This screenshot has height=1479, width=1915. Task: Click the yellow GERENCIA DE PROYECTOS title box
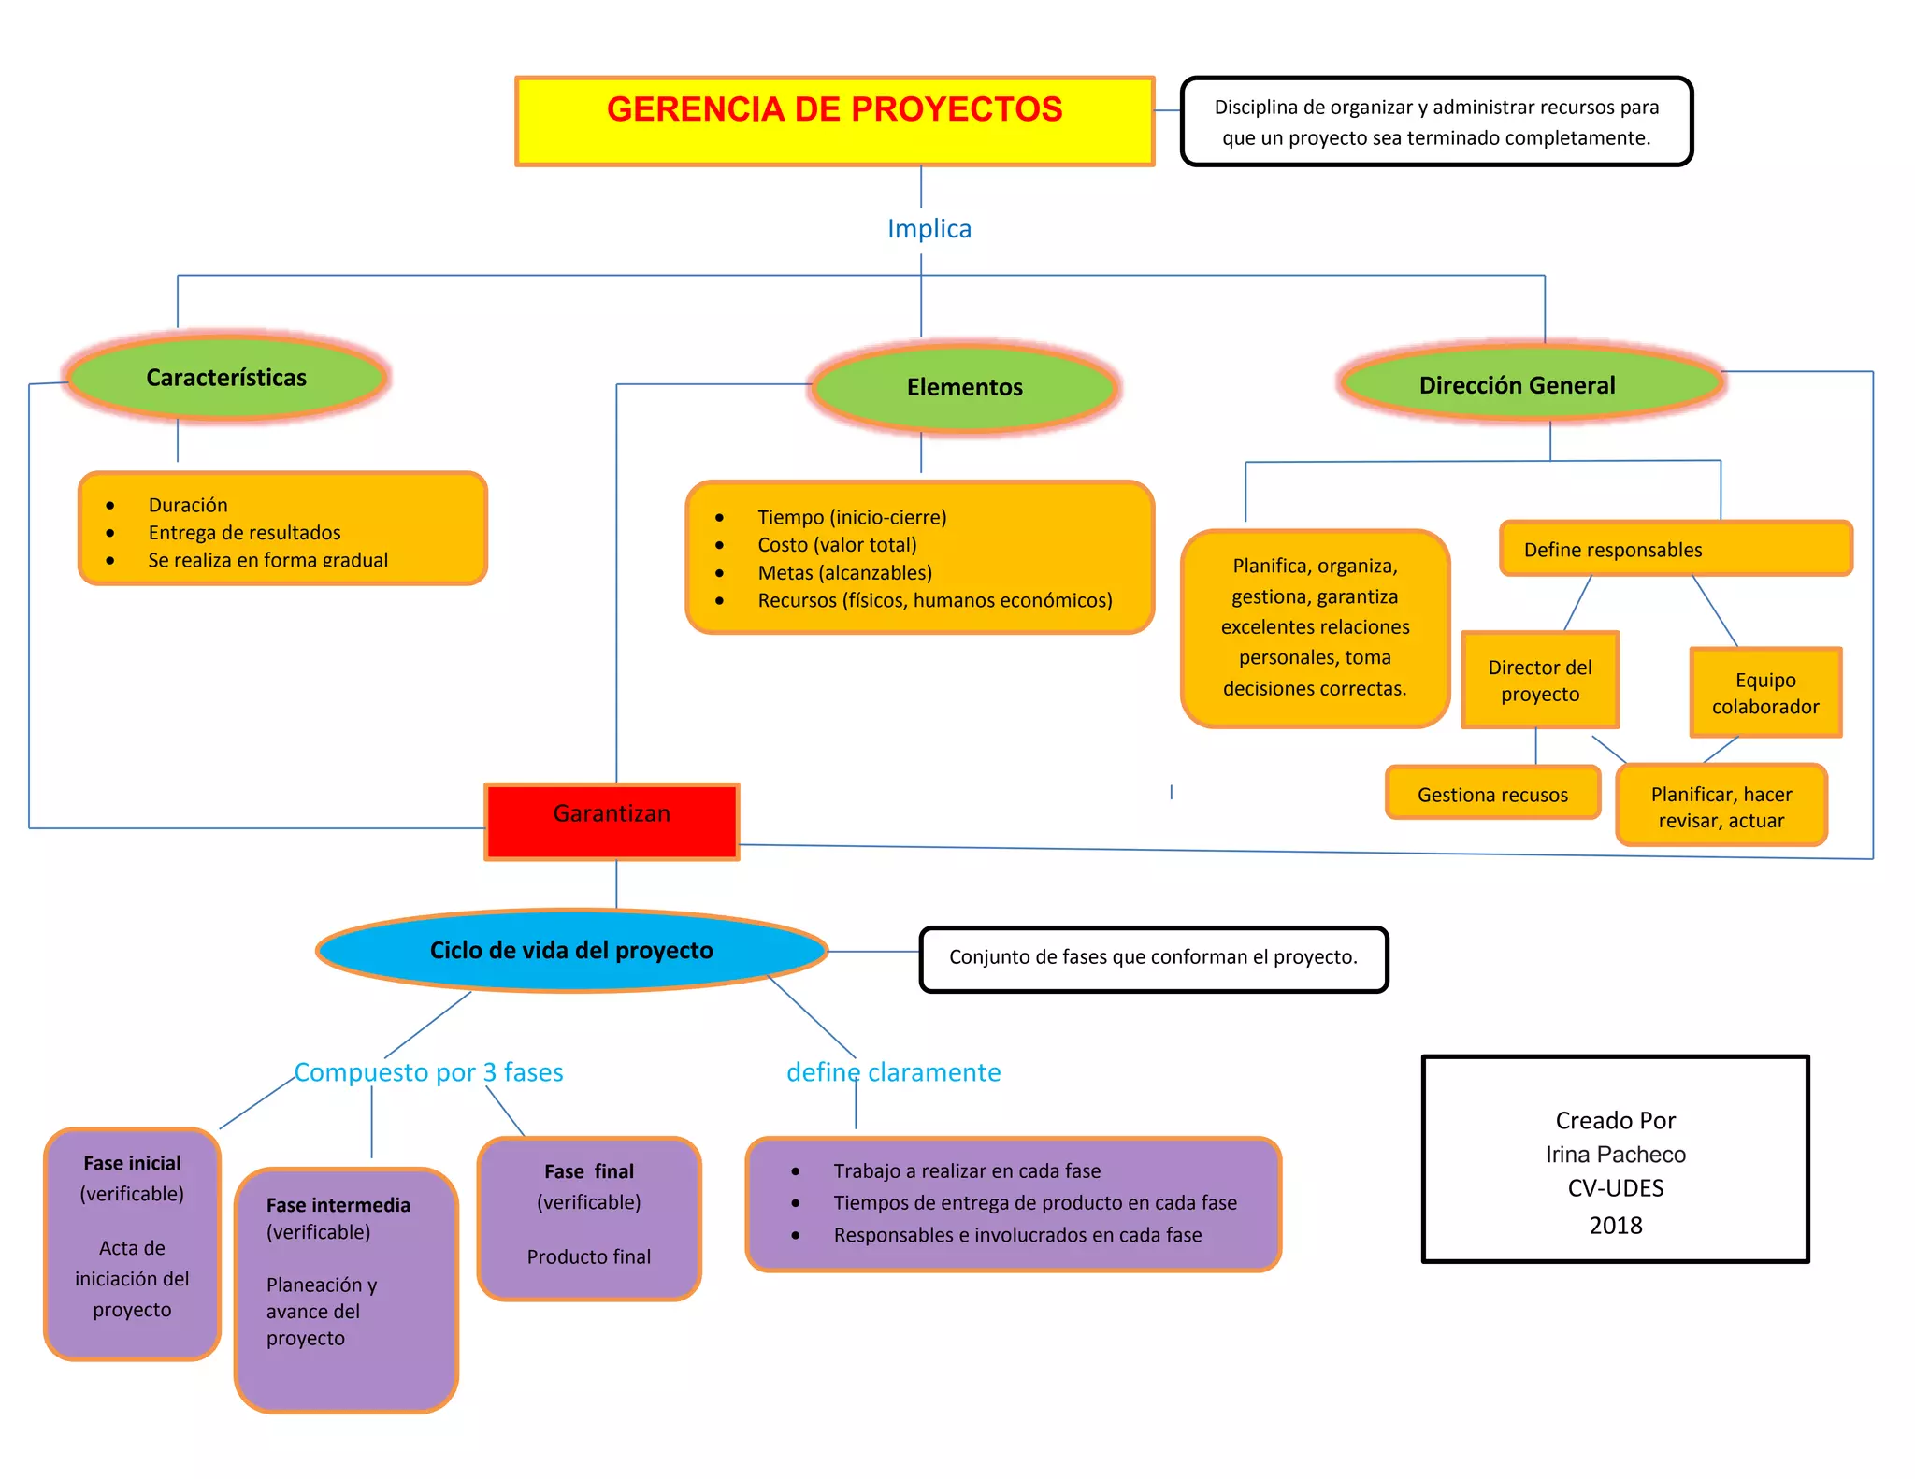click(x=834, y=122)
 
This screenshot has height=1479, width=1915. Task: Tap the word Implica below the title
click(x=929, y=229)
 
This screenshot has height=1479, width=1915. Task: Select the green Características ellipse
click(x=226, y=378)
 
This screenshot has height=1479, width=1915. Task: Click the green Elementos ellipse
click(x=964, y=387)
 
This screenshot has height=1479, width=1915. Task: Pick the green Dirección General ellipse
click(x=1516, y=385)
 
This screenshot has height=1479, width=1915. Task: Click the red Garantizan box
click(x=612, y=821)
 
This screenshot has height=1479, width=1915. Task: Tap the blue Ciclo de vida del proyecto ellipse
click(x=571, y=950)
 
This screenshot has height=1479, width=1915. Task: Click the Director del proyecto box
click(x=1539, y=680)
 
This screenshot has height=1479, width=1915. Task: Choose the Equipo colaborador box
click(x=1764, y=693)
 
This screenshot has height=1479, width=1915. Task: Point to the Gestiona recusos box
click(x=1492, y=794)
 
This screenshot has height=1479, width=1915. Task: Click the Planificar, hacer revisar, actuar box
click(x=1721, y=806)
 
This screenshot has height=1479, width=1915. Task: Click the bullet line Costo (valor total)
click(x=837, y=545)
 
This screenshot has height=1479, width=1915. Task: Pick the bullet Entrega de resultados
click(x=244, y=533)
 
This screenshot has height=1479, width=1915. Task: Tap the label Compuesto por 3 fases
click(x=429, y=1072)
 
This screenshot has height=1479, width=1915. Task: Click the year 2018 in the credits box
click(x=1615, y=1225)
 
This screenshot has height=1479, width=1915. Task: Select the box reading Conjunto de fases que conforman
click(x=1153, y=958)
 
